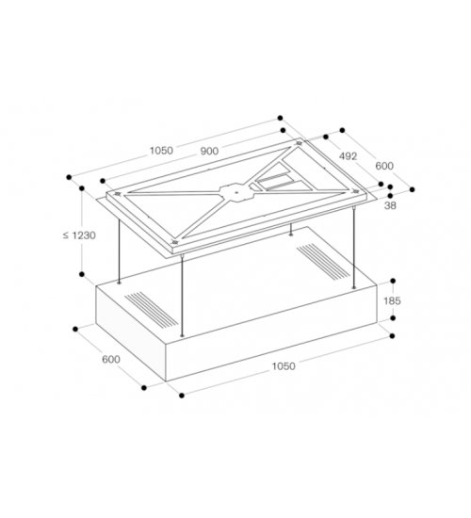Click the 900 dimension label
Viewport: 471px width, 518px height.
(x=209, y=152)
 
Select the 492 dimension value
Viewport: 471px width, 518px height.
(x=348, y=156)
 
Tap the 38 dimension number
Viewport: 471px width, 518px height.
(x=390, y=205)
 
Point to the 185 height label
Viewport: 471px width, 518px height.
(x=392, y=300)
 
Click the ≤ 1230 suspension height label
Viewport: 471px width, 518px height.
(x=79, y=235)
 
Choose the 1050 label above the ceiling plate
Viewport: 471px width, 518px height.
(x=161, y=151)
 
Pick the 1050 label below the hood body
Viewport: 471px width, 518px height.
(x=284, y=366)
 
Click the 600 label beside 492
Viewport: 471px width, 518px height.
(x=384, y=166)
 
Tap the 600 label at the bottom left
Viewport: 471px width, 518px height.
(x=111, y=359)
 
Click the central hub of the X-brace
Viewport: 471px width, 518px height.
(x=236, y=192)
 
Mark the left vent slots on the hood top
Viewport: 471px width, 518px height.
(x=151, y=309)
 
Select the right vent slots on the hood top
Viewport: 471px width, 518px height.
(x=323, y=261)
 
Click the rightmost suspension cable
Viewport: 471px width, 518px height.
(x=354, y=247)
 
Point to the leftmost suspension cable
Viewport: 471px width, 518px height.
(x=119, y=251)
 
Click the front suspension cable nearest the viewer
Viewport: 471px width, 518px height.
(x=182, y=296)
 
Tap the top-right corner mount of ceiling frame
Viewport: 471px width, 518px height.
(x=300, y=143)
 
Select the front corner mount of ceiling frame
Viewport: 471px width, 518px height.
(x=174, y=242)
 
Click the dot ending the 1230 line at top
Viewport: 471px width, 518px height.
(x=82, y=188)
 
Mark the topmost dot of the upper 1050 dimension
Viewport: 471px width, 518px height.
(x=281, y=118)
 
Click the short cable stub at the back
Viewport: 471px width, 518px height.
(x=291, y=230)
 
